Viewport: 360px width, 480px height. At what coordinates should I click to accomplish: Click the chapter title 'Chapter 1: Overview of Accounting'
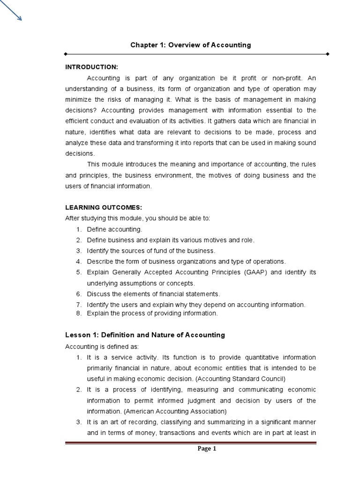click(190, 45)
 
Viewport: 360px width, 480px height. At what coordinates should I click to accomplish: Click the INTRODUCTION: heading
click(91, 67)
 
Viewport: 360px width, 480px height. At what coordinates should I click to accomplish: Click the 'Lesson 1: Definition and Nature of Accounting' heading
click(145, 335)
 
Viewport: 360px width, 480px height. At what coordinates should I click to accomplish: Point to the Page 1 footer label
click(207, 449)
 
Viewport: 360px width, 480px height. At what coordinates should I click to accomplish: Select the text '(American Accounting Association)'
click(180, 411)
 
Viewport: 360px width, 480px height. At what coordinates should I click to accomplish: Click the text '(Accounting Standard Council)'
click(240, 378)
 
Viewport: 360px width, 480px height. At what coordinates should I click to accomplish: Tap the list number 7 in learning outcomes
click(78, 305)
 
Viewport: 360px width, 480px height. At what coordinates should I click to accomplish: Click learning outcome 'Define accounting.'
click(114, 229)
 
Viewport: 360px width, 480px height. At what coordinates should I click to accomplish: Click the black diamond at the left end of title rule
click(67, 54)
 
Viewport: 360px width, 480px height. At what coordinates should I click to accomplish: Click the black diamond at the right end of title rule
click(328, 54)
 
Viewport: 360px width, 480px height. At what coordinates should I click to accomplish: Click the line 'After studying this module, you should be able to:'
click(138, 218)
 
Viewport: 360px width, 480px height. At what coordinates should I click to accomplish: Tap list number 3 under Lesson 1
click(79, 422)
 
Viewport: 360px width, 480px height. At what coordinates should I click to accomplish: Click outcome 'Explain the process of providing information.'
click(152, 313)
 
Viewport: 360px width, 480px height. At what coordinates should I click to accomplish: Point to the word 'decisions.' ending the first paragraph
click(80, 153)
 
